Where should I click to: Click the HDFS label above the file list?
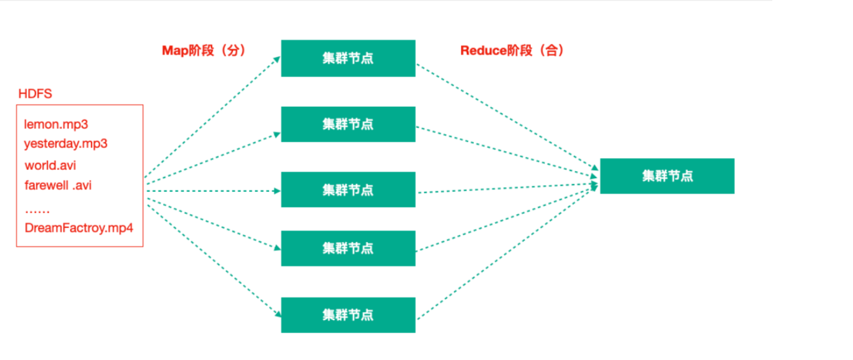pyautogui.click(x=35, y=94)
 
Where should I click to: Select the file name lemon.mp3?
pyautogui.click(x=56, y=125)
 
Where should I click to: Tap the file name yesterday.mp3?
pyautogui.click(x=66, y=144)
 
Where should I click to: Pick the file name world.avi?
pyautogui.click(x=50, y=166)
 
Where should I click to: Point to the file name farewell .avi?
pyautogui.click(x=58, y=186)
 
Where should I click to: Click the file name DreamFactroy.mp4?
pyautogui.click(x=79, y=228)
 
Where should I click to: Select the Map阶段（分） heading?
pyautogui.click(x=204, y=50)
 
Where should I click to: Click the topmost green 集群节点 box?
pyautogui.click(x=348, y=58)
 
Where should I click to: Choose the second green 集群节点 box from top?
pyautogui.click(x=348, y=125)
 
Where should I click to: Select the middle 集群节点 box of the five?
pyautogui.click(x=348, y=190)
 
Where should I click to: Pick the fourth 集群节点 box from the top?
pyautogui.click(x=348, y=248)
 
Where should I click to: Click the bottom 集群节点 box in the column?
pyautogui.click(x=348, y=315)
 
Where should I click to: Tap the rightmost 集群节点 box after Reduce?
pyautogui.click(x=667, y=176)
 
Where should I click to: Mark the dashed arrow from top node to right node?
pyautogui.click(x=506, y=116)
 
